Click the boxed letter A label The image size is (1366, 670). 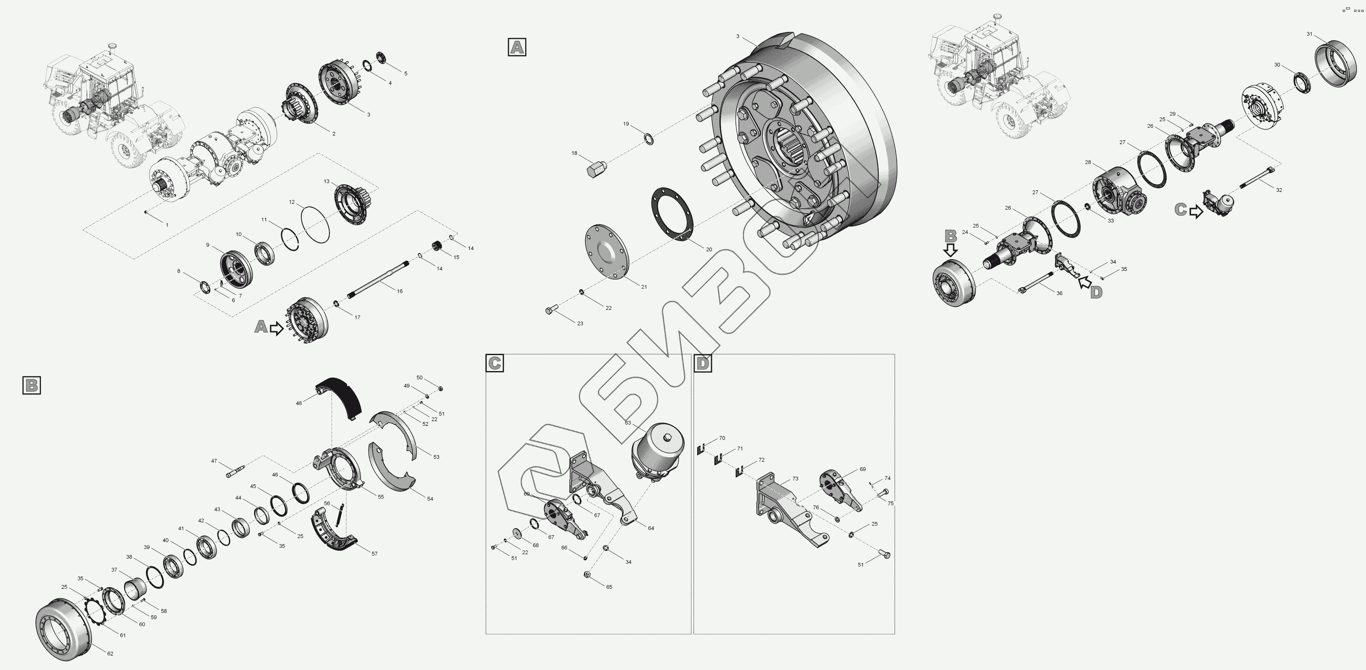(517, 47)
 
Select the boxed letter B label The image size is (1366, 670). (32, 385)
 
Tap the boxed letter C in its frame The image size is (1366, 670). (494, 363)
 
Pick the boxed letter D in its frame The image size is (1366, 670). (702, 363)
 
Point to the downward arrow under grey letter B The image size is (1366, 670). (951, 250)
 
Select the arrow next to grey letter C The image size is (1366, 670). (1196, 212)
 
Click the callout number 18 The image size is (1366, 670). (574, 153)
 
